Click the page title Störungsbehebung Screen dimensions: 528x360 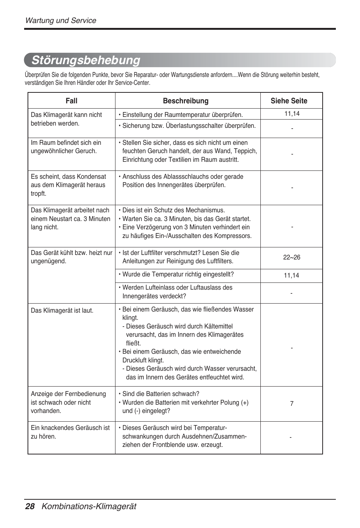coord(86,60)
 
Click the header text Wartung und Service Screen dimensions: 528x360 coord(61,21)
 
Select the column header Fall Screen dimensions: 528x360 coord(71,101)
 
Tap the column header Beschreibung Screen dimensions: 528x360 coord(186,101)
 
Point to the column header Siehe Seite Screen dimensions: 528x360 coord(289,101)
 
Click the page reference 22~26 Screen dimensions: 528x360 coord(292,257)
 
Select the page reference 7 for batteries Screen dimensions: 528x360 coord(292,404)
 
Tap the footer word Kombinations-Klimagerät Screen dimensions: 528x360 coord(89,507)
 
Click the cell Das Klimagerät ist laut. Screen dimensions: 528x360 coord(62,311)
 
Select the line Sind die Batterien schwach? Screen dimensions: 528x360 coord(160,394)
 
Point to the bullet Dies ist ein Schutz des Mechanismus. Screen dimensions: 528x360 coord(173,210)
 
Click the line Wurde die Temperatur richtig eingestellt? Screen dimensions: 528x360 coord(178,275)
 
